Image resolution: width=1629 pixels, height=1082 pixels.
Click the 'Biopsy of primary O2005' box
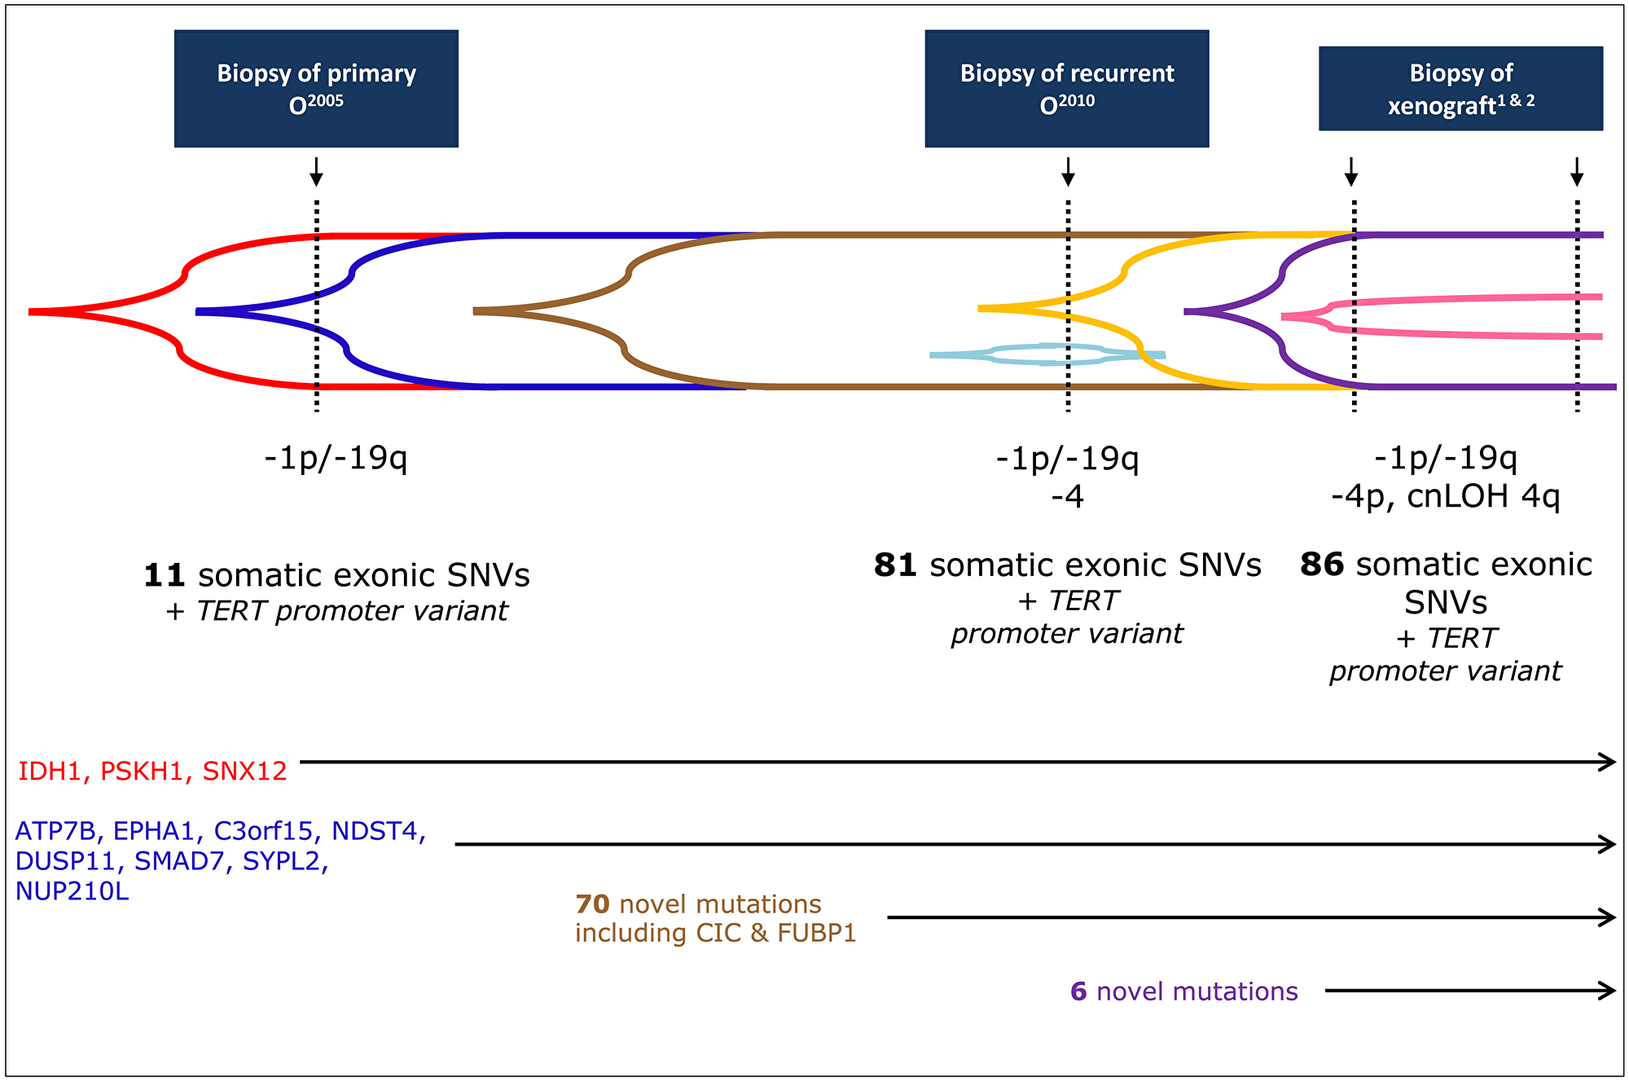316,89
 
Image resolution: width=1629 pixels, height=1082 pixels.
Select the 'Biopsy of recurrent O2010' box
1067,89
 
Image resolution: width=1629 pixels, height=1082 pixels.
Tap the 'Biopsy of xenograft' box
1461,89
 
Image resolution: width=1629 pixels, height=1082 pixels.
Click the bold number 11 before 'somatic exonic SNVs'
165,575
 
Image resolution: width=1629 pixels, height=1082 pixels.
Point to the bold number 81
895,565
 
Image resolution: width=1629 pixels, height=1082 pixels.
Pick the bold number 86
1321,565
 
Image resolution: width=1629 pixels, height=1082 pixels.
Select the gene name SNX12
244,771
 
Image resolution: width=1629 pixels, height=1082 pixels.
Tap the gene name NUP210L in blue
72,891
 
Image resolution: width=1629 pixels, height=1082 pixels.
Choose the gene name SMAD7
178,861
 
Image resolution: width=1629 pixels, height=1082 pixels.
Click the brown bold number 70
592,904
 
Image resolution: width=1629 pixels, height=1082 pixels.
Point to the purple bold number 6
1078,992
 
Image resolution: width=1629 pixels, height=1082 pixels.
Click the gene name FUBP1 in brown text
817,933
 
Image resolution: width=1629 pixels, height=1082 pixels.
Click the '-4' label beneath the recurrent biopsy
1067,497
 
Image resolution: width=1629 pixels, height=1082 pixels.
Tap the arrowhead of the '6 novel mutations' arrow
1608,991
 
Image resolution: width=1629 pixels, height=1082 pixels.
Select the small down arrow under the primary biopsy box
316,171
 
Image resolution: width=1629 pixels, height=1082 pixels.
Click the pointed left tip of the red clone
30,311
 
